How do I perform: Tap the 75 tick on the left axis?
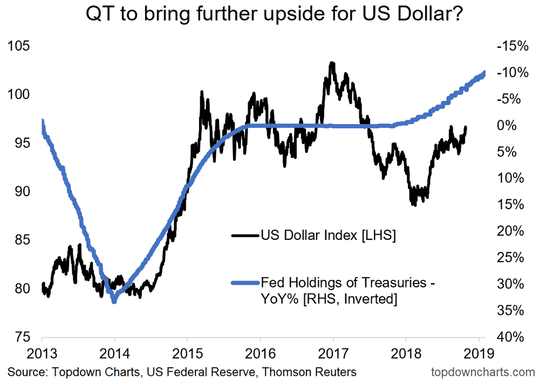[x=21, y=337]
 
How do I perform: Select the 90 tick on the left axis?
[x=21, y=191]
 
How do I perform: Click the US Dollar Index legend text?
[x=328, y=235]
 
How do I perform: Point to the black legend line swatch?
[x=245, y=235]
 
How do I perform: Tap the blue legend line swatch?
[x=245, y=282]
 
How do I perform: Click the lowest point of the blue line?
[x=114, y=301]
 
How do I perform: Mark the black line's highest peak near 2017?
[x=332, y=63]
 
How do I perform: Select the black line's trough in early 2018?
[x=414, y=204]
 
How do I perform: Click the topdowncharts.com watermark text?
[x=483, y=372]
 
